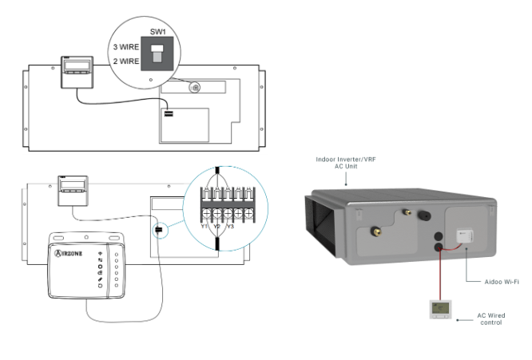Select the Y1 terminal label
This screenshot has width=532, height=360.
(x=204, y=225)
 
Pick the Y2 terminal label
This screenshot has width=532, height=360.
(x=216, y=225)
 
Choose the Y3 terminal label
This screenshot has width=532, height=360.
(x=230, y=225)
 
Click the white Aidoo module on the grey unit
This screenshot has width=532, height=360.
(x=463, y=235)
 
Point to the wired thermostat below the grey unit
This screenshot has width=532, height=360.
(x=439, y=310)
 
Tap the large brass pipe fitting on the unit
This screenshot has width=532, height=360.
(x=373, y=232)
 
